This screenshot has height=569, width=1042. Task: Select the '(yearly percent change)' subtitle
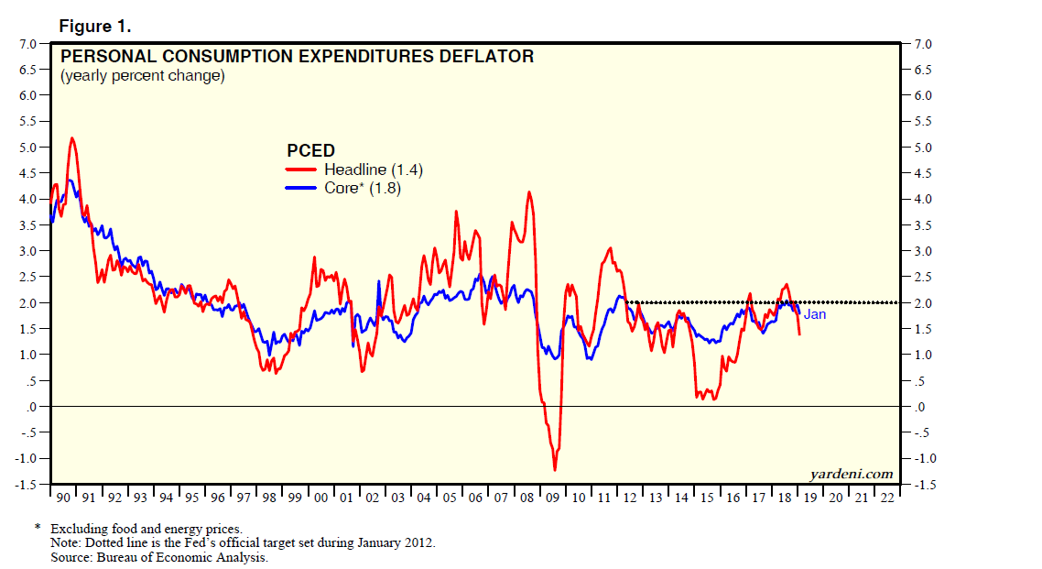click(142, 76)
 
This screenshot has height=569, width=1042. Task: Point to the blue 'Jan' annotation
click(815, 315)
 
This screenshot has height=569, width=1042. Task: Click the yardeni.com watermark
click(852, 474)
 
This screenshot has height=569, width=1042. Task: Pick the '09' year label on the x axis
click(555, 498)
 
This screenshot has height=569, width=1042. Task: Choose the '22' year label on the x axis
click(886, 498)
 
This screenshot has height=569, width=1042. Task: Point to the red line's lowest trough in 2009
click(555, 470)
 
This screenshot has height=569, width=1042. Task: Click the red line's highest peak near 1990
click(71, 138)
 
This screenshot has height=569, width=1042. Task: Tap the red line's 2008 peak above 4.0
click(529, 192)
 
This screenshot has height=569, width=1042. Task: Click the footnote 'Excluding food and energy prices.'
click(146, 529)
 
